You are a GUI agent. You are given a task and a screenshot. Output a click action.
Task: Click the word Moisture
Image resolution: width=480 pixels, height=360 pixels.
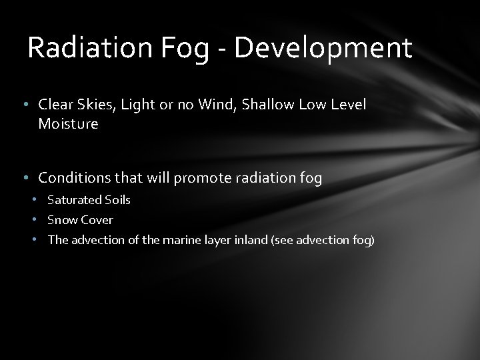tap(68, 124)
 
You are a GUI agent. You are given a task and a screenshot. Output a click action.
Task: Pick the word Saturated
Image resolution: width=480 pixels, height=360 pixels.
tap(75, 200)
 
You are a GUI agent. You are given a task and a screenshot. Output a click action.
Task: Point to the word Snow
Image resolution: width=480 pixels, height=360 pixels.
tap(61, 220)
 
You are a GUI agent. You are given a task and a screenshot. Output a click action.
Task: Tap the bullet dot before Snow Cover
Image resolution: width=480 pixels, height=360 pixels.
tap(38, 220)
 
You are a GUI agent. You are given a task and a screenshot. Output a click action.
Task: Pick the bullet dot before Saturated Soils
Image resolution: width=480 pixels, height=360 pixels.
tap(38, 200)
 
